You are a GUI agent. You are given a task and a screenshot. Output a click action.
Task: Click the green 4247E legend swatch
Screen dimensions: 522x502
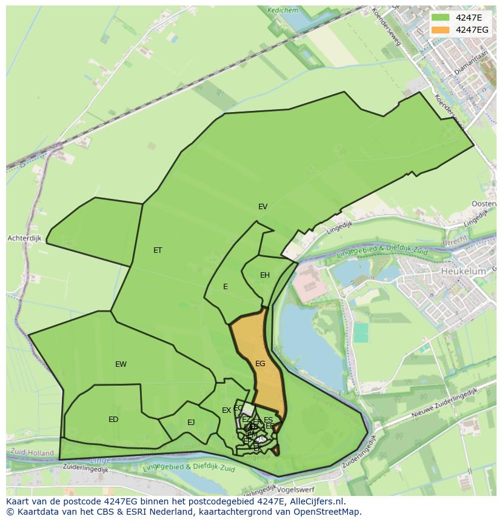[x=441, y=17]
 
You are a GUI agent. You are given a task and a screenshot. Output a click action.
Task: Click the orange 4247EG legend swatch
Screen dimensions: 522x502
[x=441, y=29]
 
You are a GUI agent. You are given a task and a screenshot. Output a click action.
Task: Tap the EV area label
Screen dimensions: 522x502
[x=263, y=207]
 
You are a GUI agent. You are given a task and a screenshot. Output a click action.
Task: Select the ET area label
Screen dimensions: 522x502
[x=158, y=250]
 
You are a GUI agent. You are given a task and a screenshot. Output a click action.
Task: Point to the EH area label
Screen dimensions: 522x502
[x=265, y=275]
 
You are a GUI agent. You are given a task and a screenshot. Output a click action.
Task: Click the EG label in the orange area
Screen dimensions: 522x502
[x=260, y=364]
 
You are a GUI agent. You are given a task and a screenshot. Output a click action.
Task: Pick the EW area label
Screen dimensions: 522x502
[x=121, y=364]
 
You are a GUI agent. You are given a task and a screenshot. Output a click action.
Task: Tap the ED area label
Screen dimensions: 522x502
[x=113, y=420]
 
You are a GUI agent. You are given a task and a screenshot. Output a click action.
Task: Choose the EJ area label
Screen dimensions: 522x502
[x=191, y=423]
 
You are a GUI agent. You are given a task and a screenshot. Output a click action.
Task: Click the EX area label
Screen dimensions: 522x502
[x=226, y=410]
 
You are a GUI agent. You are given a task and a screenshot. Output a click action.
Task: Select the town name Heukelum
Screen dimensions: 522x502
[x=463, y=272]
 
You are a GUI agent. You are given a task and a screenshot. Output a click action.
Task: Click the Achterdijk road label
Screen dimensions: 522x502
[x=24, y=238]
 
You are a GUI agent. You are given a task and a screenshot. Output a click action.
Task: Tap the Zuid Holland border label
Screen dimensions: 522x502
[x=32, y=452]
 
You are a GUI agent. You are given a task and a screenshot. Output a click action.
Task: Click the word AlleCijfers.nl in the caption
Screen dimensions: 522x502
[x=315, y=501]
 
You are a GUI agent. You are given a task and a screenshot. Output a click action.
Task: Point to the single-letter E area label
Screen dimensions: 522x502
[x=226, y=287]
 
